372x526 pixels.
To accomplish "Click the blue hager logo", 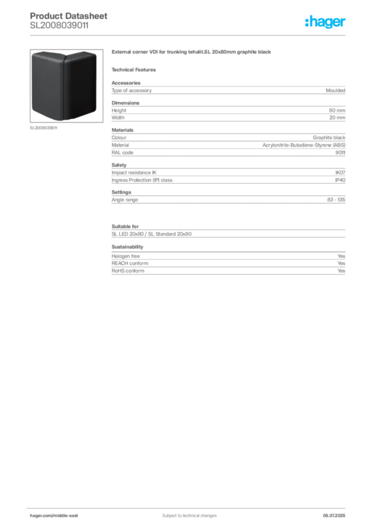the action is point(326,23).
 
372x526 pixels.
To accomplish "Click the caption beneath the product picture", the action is point(45,129).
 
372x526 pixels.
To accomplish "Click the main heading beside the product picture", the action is point(193,53).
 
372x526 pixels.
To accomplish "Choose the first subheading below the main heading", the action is point(136,69).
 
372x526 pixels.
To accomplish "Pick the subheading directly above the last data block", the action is point(127,247).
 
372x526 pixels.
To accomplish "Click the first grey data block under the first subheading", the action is point(228,90).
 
